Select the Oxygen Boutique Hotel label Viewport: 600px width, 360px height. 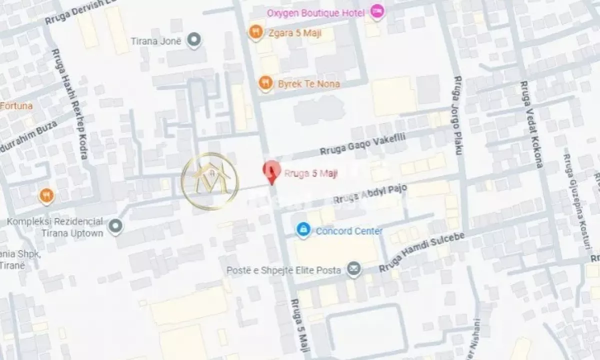[x=317, y=12]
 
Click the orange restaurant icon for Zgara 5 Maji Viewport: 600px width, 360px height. [x=256, y=32]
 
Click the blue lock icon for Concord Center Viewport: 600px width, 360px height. [x=302, y=230]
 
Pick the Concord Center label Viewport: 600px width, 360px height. [x=349, y=231]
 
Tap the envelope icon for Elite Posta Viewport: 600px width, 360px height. [x=354, y=268]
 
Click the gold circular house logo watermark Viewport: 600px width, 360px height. [x=210, y=181]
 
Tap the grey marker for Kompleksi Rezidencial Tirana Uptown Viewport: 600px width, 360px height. [x=116, y=227]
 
